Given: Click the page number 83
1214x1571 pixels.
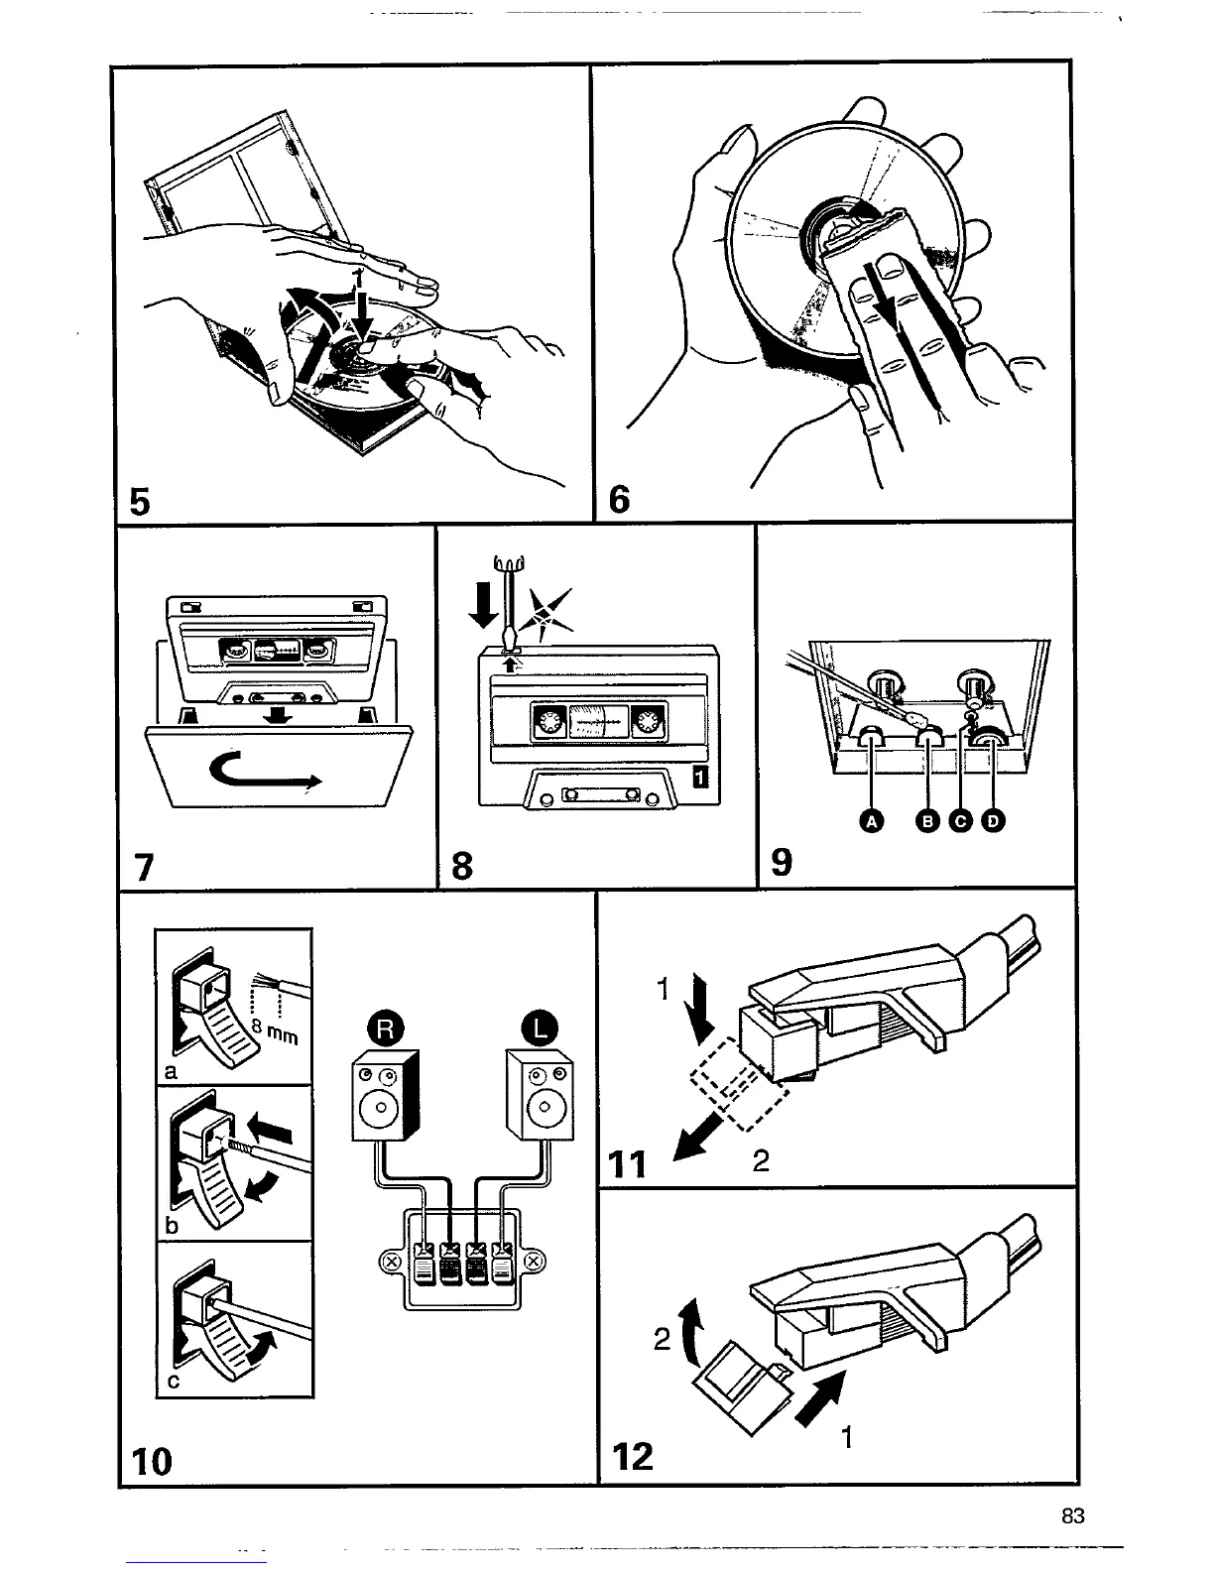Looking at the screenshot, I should tap(1072, 1516).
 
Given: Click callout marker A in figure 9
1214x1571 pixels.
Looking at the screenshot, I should tap(872, 820).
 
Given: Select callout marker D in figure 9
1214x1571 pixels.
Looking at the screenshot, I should tap(993, 820).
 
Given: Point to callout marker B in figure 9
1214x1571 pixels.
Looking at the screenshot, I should tap(929, 820).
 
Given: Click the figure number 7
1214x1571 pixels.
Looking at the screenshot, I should tap(145, 868).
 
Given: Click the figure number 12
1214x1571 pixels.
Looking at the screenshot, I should tap(633, 1456).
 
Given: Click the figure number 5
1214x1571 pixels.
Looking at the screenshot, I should tap(140, 503).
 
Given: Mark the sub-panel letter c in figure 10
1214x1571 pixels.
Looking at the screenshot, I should tap(173, 1387).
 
